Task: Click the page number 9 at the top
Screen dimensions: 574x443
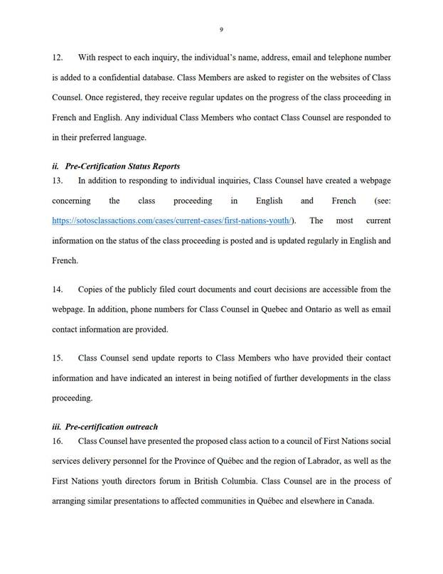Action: click(x=221, y=29)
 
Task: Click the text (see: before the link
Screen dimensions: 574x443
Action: click(x=378, y=201)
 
